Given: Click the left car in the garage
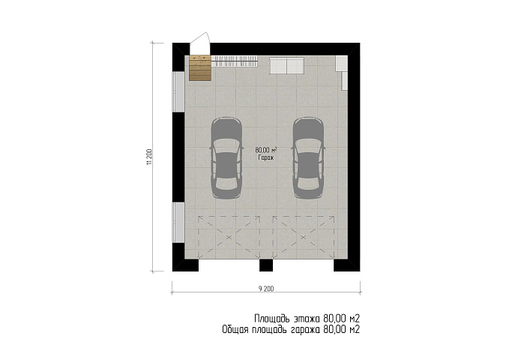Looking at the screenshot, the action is click(226, 157).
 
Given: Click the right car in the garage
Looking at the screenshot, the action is click(308, 157).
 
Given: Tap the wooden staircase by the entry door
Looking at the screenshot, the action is click(200, 67).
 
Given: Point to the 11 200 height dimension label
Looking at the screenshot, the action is click(149, 157).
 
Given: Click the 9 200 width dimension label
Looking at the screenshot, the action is click(266, 289).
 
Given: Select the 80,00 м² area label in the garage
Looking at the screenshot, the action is click(266, 150).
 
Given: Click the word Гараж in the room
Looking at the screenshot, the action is click(266, 158).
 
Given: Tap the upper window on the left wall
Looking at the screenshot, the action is click(178, 91).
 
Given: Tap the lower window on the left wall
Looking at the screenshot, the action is click(178, 222).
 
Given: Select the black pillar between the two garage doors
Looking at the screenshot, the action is click(266, 265).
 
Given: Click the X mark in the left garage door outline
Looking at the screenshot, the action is click(229, 237).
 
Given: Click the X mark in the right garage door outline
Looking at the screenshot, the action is click(304, 237).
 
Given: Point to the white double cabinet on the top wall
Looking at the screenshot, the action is click(286, 65).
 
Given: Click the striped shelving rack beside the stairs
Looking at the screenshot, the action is click(235, 61).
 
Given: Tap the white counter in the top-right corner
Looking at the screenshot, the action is click(342, 73).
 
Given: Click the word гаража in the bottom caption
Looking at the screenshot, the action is click(305, 330).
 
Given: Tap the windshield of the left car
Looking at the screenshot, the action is click(226, 144).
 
